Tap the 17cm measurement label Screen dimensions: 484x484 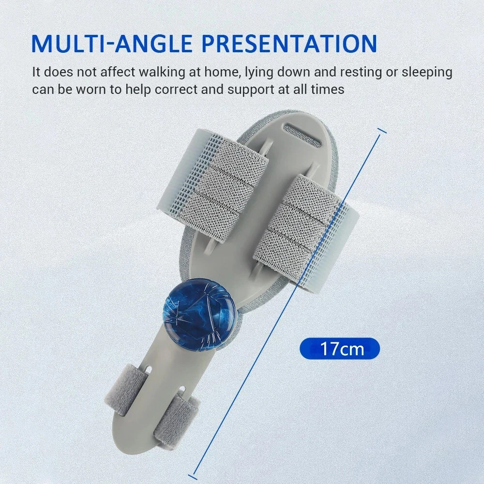(340, 348)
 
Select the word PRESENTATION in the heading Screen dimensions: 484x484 (289, 44)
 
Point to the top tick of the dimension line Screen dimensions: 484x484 (382, 131)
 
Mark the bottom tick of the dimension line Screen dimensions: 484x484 (196, 473)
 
